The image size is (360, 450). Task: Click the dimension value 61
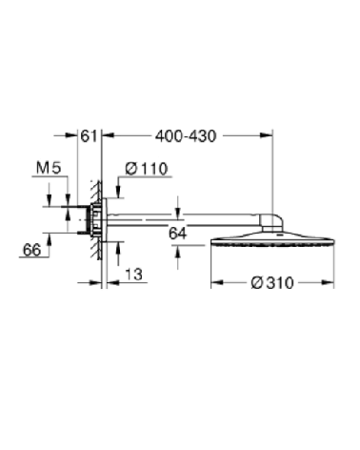(x=90, y=135)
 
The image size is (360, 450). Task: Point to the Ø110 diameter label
(x=146, y=169)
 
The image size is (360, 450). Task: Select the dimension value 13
(x=134, y=274)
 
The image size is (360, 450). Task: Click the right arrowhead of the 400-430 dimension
(x=270, y=136)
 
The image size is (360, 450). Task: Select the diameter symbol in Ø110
(x=126, y=169)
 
